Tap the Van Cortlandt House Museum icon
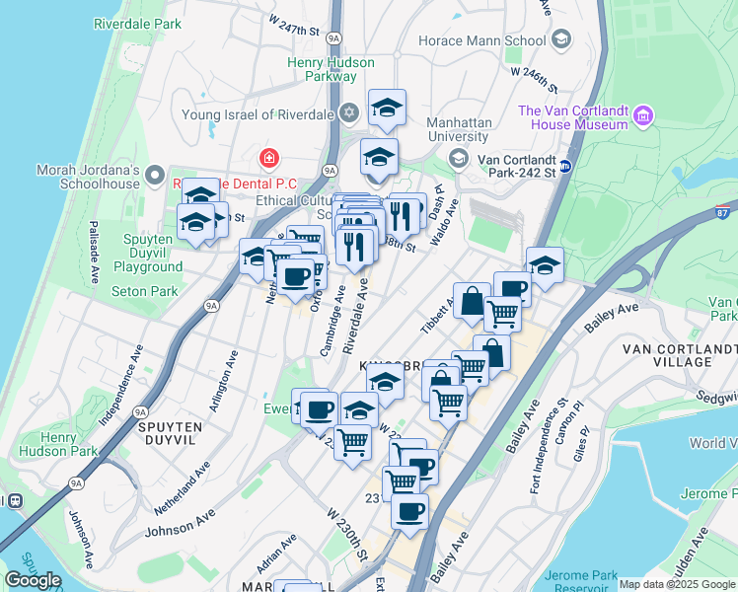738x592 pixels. pos(643,115)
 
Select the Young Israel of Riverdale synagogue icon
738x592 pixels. pos(348,113)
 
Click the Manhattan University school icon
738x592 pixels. pos(458,158)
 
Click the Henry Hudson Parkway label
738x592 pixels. pos(331,69)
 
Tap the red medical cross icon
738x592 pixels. pos(267,158)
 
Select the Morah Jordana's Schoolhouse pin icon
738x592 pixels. pos(154,176)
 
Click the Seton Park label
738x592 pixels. pos(144,291)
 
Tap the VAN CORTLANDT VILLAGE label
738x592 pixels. pos(680,355)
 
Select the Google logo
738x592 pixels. pos(33,580)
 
